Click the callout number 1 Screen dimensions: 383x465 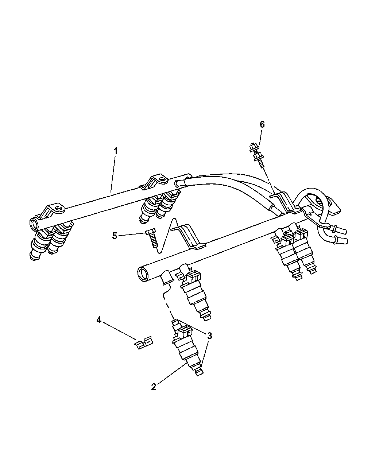pyautogui.click(x=115, y=151)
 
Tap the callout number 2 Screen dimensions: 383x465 pyautogui.click(x=154, y=387)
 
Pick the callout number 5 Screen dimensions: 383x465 pyautogui.click(x=115, y=236)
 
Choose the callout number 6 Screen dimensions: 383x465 pyautogui.click(x=262, y=124)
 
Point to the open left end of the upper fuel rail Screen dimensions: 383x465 pyautogui.click(x=34, y=223)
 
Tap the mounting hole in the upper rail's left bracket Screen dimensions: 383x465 pyautogui.click(x=59, y=209)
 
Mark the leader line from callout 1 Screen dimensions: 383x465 pyautogui.click(x=113, y=174)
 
